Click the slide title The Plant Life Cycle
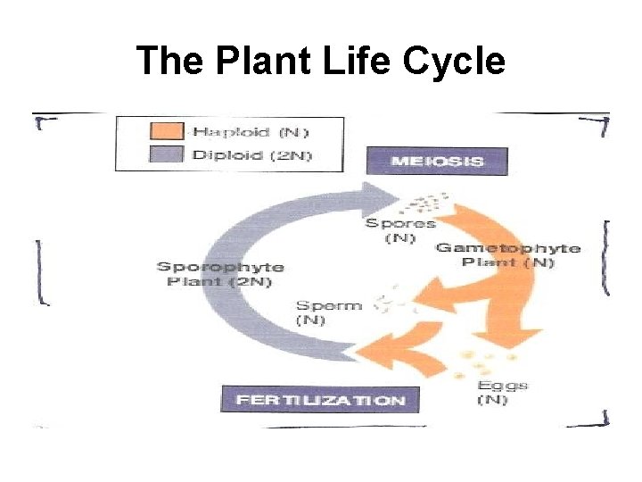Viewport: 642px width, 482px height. coord(321,62)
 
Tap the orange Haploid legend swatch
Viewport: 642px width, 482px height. coord(168,132)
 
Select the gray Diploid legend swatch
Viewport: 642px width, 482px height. coord(168,154)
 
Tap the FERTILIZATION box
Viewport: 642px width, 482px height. coord(319,399)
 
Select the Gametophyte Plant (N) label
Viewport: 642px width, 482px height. coord(507,255)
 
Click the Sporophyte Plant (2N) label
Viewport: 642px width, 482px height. coord(220,273)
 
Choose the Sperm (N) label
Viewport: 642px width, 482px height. coord(329,312)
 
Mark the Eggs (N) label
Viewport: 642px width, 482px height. coord(502,393)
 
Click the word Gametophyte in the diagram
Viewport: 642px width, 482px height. coord(507,248)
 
